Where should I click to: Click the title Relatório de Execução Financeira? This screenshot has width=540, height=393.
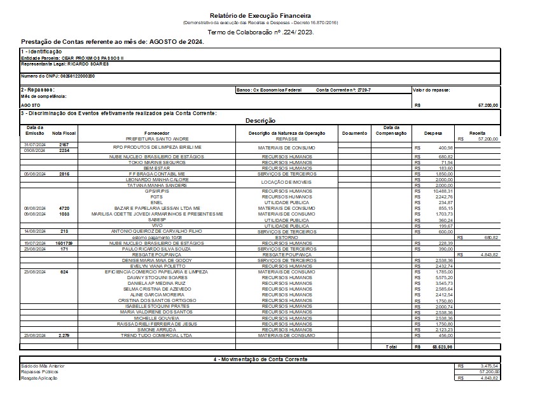pyautogui.click(x=269, y=15)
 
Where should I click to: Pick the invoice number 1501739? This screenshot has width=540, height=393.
pyautogui.click(x=64, y=243)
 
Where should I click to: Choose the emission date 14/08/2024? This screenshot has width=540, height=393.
pyautogui.click(x=34, y=231)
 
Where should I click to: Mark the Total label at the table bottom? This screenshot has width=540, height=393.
pyautogui.click(x=391, y=347)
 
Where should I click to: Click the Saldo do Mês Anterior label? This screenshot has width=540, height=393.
pyautogui.click(x=43, y=366)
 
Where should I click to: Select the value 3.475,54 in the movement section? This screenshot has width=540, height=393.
pyautogui.click(x=486, y=366)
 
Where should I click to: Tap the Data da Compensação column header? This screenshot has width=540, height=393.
pyautogui.click(x=387, y=130)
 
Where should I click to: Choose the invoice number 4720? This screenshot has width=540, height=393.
pyautogui.click(x=64, y=208)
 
